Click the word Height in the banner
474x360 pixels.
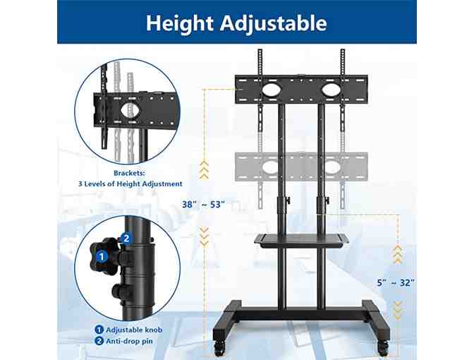[x=180, y=23]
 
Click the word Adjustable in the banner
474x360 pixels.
[x=274, y=23]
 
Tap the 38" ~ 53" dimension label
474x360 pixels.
[x=203, y=205]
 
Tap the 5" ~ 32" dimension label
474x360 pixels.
[x=396, y=283]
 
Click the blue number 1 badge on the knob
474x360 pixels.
[x=102, y=257]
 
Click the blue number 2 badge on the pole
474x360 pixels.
[x=126, y=239]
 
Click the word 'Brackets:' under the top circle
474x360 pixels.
[x=129, y=174]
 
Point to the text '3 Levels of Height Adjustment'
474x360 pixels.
[x=130, y=184]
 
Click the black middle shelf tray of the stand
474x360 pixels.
[x=302, y=239]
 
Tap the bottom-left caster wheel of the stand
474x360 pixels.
[x=220, y=348]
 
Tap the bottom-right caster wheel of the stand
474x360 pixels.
[x=383, y=348]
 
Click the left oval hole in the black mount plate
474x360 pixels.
[x=272, y=90]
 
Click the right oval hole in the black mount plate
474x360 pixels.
[x=331, y=90]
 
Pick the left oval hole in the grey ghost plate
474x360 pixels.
[x=271, y=167]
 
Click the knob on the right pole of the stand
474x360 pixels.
[x=327, y=200]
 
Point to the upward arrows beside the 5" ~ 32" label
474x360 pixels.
[x=398, y=254]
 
